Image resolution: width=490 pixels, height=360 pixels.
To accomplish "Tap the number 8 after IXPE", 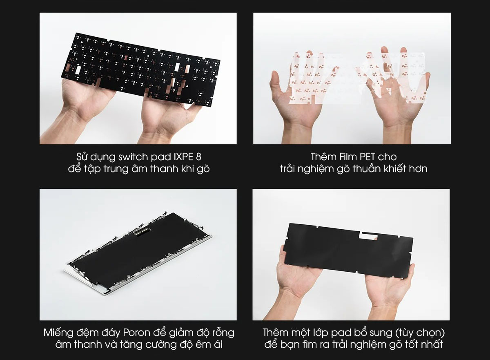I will pos(198,157).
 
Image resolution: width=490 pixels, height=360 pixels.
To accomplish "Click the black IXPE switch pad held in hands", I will pos(122,61).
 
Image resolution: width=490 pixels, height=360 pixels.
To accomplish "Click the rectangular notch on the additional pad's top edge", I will pos(368,235).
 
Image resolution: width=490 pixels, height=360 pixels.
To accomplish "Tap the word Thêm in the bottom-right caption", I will pos(276,332).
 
